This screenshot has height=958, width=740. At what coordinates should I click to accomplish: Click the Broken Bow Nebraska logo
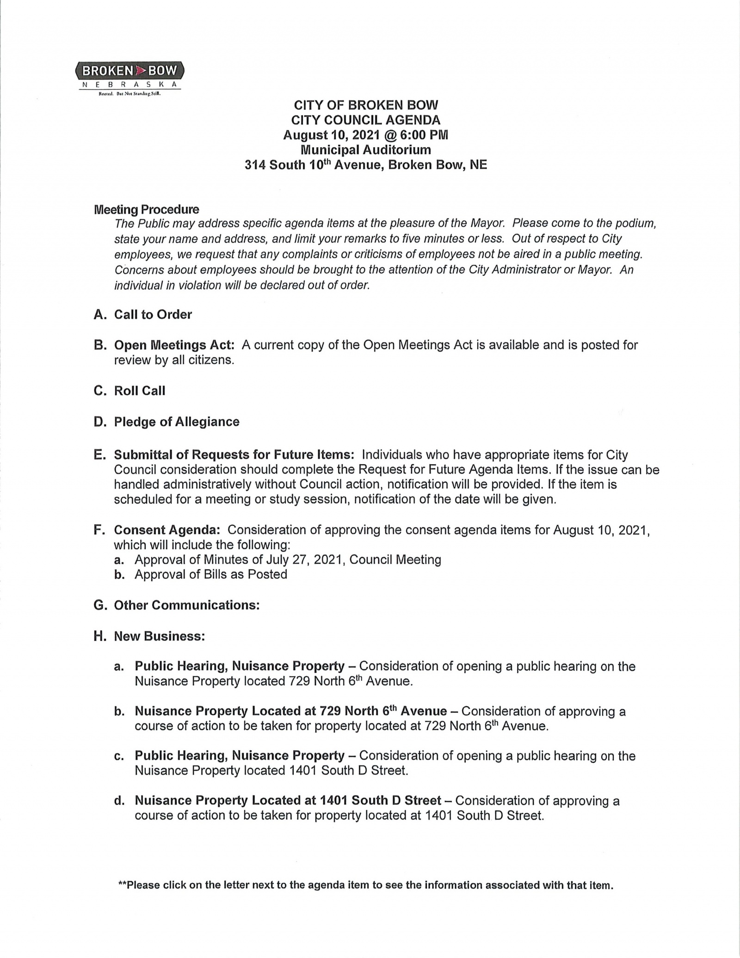coord(129,77)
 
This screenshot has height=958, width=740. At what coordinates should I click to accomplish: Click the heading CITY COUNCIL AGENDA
coord(365,120)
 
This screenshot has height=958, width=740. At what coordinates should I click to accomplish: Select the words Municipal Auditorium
coord(365,150)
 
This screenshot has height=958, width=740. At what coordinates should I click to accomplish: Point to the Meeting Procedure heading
coord(147,210)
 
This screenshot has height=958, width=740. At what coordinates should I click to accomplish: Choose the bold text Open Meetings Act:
coord(174,345)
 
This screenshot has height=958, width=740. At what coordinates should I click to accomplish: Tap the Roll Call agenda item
coord(140,391)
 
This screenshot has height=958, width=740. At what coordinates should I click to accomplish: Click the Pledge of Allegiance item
coord(177,422)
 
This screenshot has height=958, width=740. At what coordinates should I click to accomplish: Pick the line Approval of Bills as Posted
coord(211,575)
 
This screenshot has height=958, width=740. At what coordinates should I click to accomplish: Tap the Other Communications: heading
coord(187,605)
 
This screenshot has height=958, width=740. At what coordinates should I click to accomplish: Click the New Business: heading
coord(160,636)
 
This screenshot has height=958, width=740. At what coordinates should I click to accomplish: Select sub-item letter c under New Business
coord(119,756)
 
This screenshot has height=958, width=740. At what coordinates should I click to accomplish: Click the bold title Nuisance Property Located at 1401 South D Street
coord(288,801)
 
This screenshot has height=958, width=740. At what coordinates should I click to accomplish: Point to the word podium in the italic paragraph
coord(635,224)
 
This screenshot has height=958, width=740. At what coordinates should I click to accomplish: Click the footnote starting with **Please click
coord(365,885)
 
